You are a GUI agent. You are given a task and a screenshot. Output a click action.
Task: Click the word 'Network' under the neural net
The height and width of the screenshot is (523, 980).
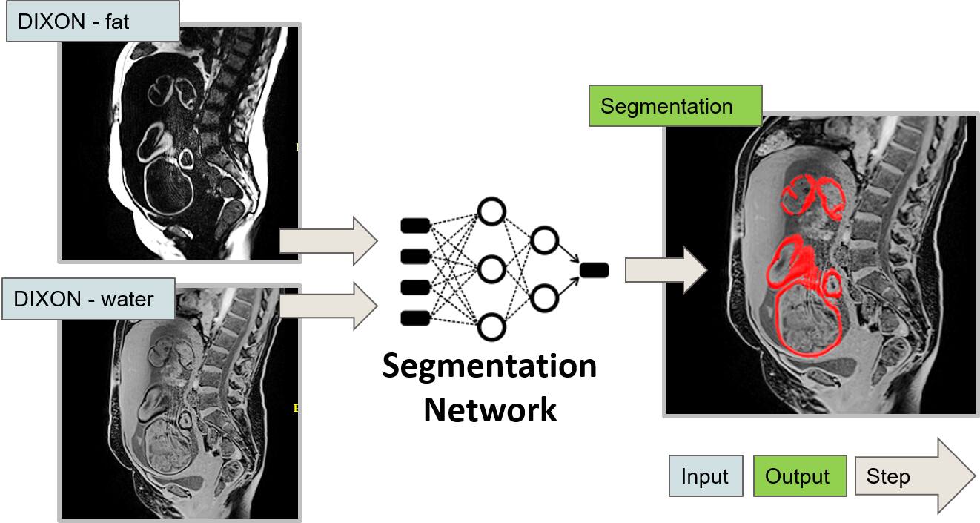click(x=490, y=409)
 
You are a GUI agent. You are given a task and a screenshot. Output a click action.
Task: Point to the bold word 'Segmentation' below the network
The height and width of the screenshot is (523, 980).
click(x=489, y=366)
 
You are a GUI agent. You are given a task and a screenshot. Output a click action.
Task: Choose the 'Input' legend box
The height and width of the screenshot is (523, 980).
click(x=705, y=476)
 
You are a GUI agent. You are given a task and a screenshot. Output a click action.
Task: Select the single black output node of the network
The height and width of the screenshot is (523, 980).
click(x=595, y=271)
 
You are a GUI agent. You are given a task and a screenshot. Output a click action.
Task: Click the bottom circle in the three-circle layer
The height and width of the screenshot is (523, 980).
click(x=491, y=326)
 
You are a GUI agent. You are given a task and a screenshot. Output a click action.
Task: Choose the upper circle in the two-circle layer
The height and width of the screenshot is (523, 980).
click(x=544, y=240)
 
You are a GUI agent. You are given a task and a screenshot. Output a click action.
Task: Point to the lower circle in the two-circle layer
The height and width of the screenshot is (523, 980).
click(x=544, y=298)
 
